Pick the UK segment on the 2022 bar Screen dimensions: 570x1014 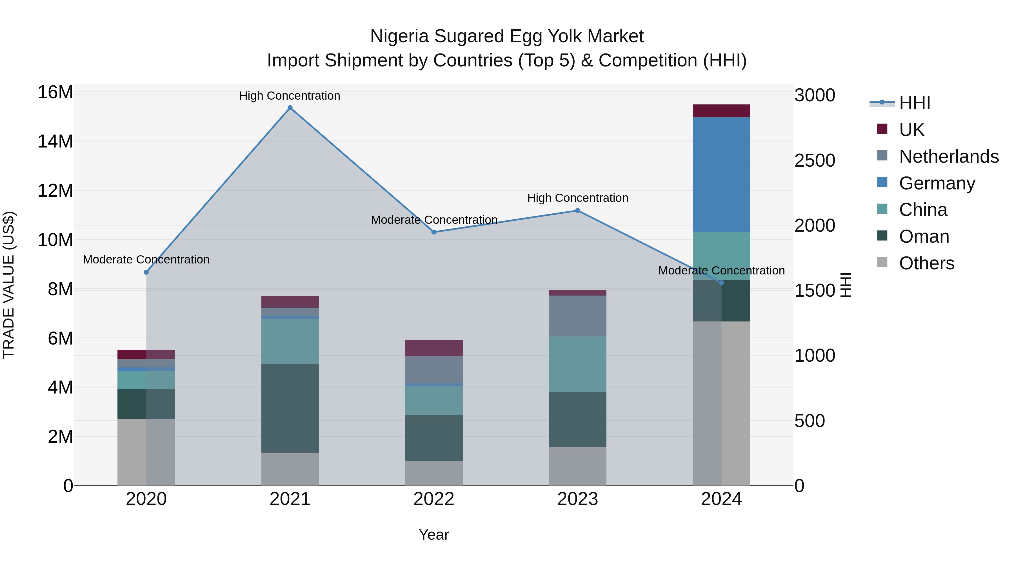pyautogui.click(x=434, y=348)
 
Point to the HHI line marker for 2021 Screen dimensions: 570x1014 pyautogui.click(x=290, y=108)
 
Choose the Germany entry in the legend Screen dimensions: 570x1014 pyautogui.click(x=937, y=183)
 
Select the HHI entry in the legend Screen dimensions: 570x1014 pyautogui.click(x=914, y=103)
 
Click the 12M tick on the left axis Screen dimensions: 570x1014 pyautogui.click(x=55, y=191)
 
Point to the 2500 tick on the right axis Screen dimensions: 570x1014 pyautogui.click(x=814, y=160)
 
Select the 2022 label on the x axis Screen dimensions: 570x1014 pyautogui.click(x=434, y=499)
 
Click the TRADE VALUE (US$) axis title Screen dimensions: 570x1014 pyautogui.click(x=9, y=285)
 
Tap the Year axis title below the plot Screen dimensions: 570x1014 pyautogui.click(x=434, y=535)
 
